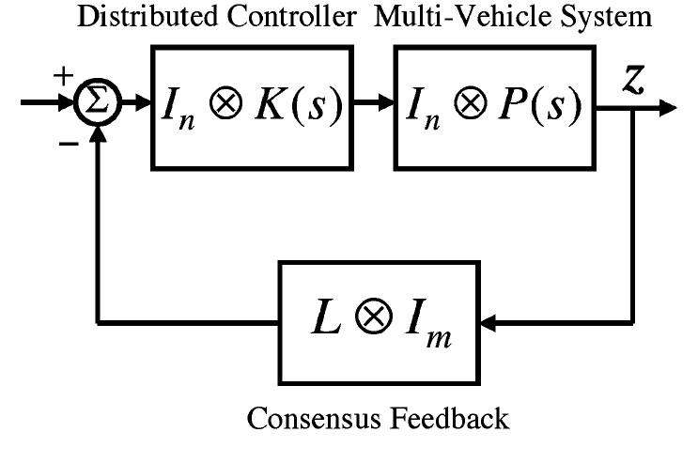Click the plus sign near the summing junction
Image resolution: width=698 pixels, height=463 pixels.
63,77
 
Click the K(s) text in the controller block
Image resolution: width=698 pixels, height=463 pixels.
302,108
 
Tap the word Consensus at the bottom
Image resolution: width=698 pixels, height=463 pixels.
319,418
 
